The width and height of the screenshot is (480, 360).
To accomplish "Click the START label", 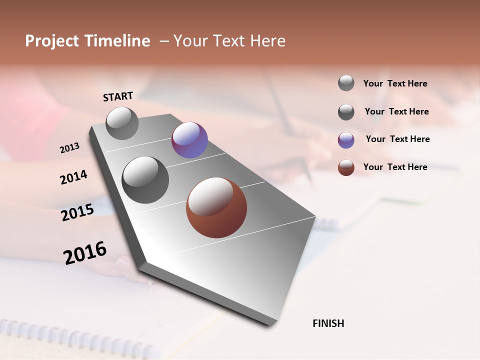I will tap(118, 96).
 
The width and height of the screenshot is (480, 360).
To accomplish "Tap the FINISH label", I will tap(328, 323).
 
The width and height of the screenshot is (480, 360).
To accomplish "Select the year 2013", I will tap(69, 148).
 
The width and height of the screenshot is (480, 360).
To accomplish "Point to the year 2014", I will tap(73, 177).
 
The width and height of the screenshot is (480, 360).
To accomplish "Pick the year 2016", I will tap(85, 253).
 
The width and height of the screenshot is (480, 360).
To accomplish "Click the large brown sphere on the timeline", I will tap(216, 207).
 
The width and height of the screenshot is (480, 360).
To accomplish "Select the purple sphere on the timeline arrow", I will tap(189, 140).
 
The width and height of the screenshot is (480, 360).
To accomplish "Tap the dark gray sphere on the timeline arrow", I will tap(145, 180).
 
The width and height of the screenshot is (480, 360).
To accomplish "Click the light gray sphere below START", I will tap(122, 123).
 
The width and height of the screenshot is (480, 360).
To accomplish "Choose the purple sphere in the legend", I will tap(346, 140).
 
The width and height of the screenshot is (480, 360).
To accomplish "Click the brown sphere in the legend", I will tap(346, 167).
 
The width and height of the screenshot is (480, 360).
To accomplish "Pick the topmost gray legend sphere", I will tap(346, 83).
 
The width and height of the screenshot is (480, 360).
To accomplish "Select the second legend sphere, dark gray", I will tap(346, 112).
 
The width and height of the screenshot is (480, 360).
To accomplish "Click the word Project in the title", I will tap(52, 41).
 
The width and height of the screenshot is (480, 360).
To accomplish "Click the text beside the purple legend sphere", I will tap(397, 139).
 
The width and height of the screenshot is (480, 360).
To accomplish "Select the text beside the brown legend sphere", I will tap(395, 167).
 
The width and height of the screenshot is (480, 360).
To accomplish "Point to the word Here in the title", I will tap(267, 41).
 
